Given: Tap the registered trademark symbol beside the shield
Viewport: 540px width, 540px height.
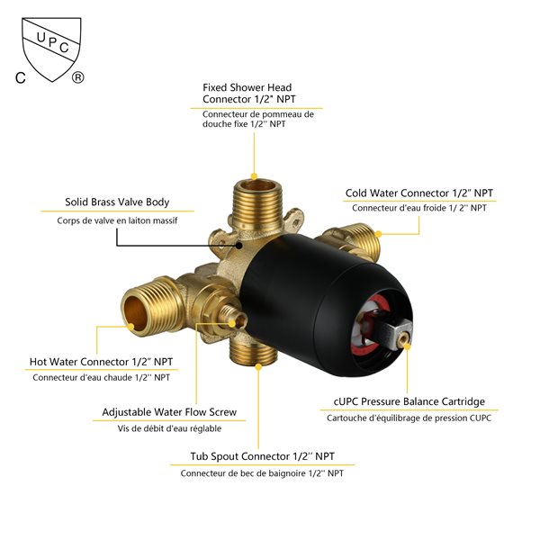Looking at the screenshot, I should click(78, 78).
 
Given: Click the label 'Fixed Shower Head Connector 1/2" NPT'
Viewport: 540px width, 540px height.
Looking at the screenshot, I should click(247, 93).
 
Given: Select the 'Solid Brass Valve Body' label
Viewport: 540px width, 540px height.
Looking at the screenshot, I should click(117, 202).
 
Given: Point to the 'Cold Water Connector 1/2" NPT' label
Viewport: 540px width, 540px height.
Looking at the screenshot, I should click(419, 193).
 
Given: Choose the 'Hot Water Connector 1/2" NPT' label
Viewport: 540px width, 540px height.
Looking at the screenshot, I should click(100, 362).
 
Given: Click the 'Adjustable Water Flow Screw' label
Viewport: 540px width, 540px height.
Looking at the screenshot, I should click(170, 412).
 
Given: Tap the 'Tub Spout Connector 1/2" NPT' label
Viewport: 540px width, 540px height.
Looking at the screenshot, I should click(262, 456).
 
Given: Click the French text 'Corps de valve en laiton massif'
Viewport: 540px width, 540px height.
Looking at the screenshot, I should click(117, 220).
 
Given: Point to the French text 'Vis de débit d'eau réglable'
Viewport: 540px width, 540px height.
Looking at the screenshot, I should click(169, 428).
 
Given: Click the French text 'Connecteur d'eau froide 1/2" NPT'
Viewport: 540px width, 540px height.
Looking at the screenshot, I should click(419, 209).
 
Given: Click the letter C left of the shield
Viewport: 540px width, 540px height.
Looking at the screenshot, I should click(20, 78).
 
